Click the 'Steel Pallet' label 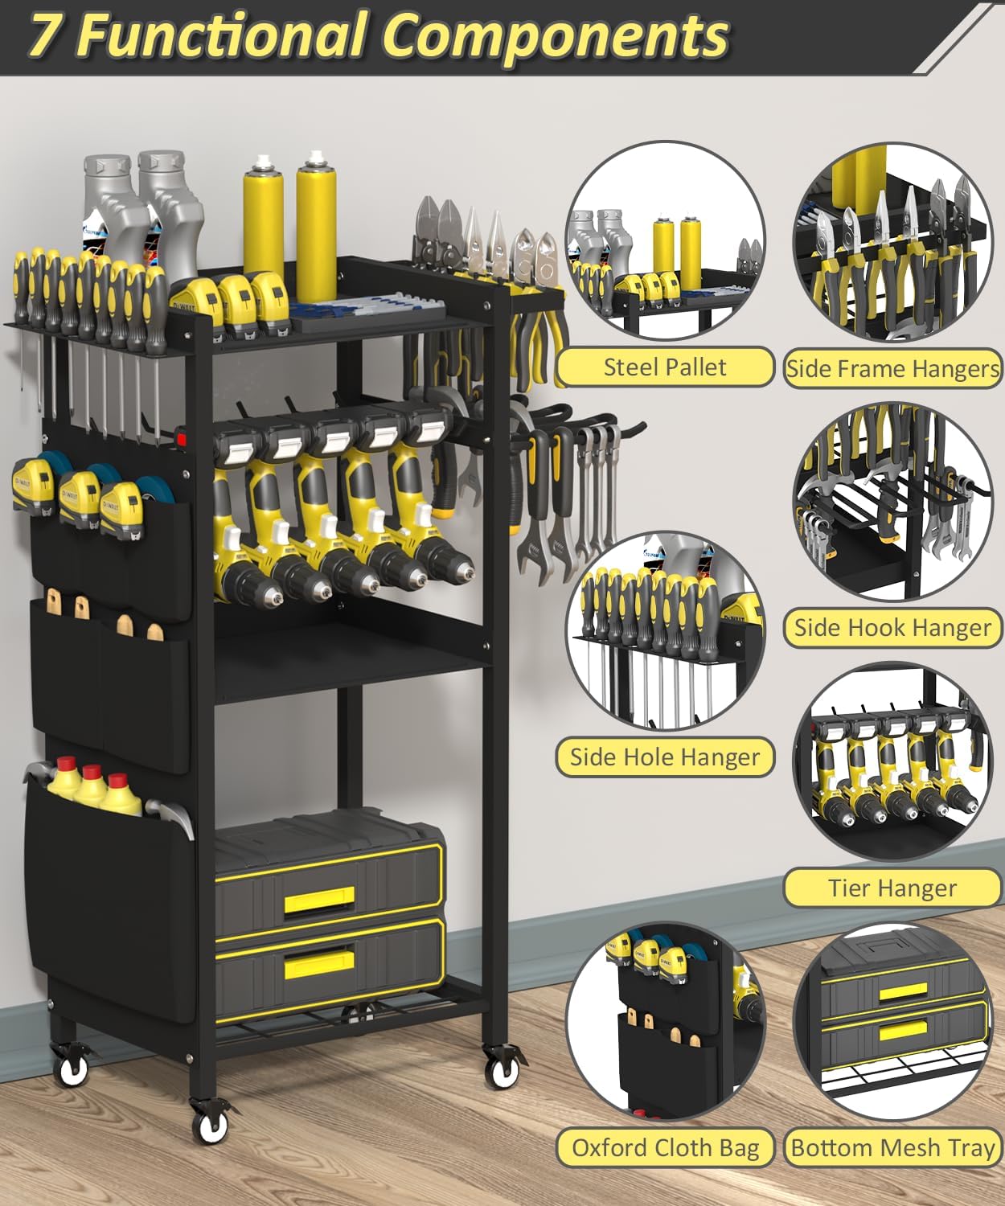664,367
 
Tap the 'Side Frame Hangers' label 892,368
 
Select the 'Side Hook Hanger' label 892,627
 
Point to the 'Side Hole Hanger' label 664,757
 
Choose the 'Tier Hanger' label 892,888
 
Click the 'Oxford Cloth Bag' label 665,1147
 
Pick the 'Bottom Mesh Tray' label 892,1147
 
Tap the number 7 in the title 47,35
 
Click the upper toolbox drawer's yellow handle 319,898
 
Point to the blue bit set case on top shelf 366,310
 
